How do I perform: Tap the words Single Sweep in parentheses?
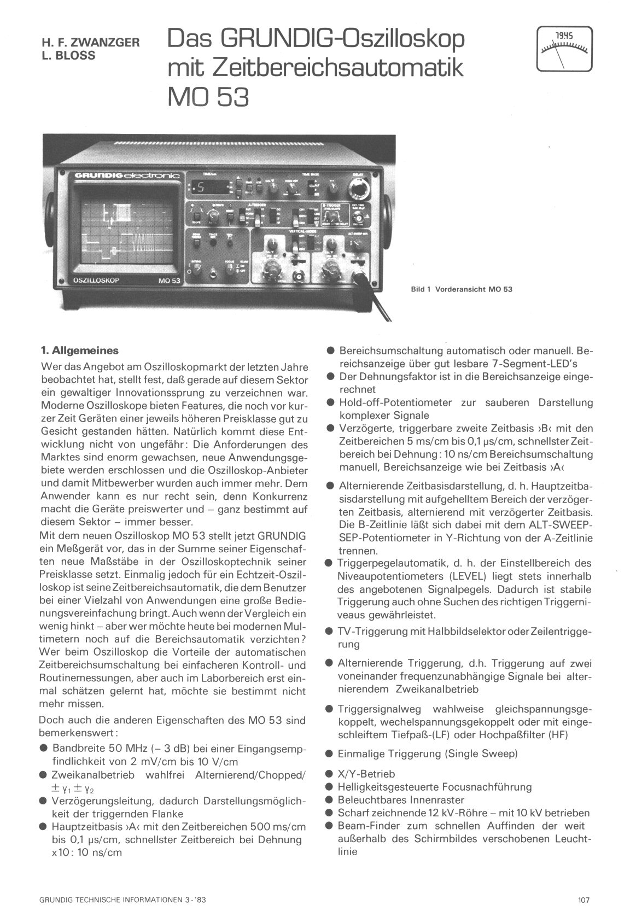(x=482, y=754)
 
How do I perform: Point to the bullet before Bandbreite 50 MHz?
(x=44, y=748)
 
